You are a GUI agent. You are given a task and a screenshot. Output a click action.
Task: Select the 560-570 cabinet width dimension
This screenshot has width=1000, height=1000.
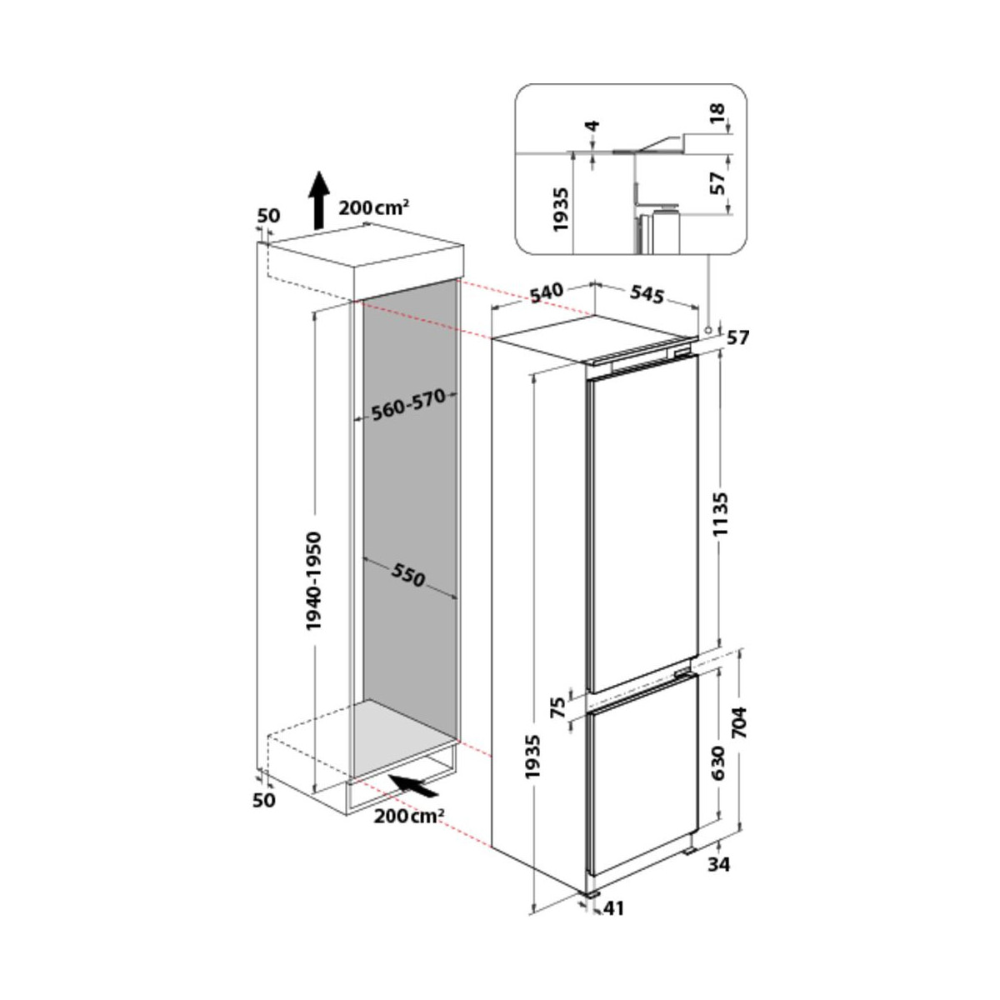click(x=408, y=405)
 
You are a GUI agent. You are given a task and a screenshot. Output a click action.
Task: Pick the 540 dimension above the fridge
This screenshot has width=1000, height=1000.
click(x=546, y=292)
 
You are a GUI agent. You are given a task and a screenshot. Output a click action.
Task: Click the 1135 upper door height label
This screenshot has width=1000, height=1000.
click(x=721, y=513)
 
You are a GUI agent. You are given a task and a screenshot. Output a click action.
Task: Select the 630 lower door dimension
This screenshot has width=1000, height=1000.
click(x=717, y=762)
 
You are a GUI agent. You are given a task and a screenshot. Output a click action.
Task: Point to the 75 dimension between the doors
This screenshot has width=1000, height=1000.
click(x=557, y=707)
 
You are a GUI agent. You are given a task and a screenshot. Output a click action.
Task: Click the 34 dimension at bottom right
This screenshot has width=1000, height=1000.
click(x=719, y=864)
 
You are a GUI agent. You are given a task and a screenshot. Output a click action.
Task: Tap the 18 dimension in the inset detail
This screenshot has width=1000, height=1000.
click(x=717, y=113)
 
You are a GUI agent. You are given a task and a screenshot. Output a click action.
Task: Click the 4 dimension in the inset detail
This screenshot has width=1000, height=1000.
click(x=592, y=126)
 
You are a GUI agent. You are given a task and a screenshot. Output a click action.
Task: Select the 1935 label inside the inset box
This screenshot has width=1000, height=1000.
click(x=562, y=210)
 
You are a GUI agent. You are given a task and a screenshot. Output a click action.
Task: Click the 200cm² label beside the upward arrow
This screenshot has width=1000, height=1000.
click(x=373, y=207)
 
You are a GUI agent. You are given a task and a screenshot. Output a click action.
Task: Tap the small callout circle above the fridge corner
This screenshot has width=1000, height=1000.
click(x=707, y=330)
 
